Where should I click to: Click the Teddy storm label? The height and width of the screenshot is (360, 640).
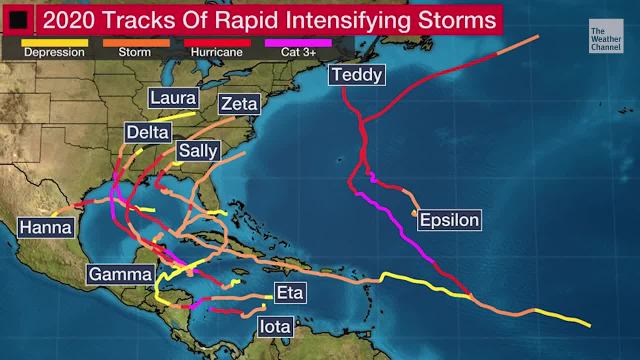pos(357,75)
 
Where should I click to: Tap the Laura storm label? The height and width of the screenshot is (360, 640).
pos(173,98)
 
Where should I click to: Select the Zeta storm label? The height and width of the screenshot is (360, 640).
pos(239,104)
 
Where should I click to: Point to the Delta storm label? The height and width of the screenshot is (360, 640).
pos(147,132)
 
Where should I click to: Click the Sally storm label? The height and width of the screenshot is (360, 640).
pos(198,151)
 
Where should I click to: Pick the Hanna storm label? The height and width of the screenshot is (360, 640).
pos(46,228)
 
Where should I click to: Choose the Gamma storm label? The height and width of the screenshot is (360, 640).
pos(120,274)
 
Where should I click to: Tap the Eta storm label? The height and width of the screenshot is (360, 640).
pos(290,293)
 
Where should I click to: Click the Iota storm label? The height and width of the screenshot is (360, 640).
pos(275,327)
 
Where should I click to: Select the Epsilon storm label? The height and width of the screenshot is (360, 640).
pos(449,220)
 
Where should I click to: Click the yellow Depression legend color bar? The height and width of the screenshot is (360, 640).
pos(54,43)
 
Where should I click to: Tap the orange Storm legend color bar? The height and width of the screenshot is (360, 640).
pos(136,43)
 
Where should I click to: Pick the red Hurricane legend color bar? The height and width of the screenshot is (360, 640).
pos(217,43)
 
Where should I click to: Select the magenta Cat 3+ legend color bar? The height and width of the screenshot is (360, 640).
pos(298,43)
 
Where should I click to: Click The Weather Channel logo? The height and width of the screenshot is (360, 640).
pos(606,36)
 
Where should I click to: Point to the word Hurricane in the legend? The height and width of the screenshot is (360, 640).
pos(217,52)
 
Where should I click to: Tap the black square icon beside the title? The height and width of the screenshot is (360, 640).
pos(18,20)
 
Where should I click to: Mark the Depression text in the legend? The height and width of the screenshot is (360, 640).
pos(54,52)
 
